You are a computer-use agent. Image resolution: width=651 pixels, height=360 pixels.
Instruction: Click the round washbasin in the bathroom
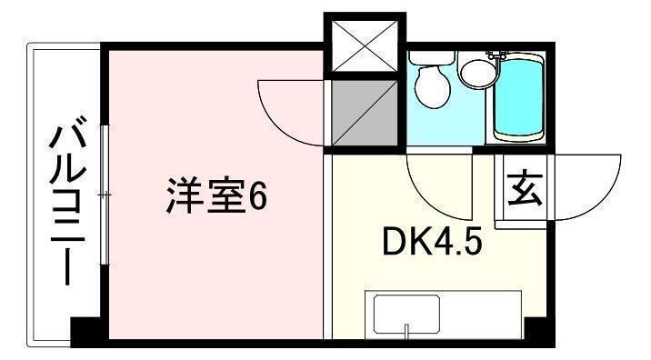coord(475,71)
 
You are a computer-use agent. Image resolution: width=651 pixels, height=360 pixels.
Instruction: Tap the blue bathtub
coord(519,95)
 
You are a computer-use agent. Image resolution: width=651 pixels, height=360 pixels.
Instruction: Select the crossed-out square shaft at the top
coord(365,45)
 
